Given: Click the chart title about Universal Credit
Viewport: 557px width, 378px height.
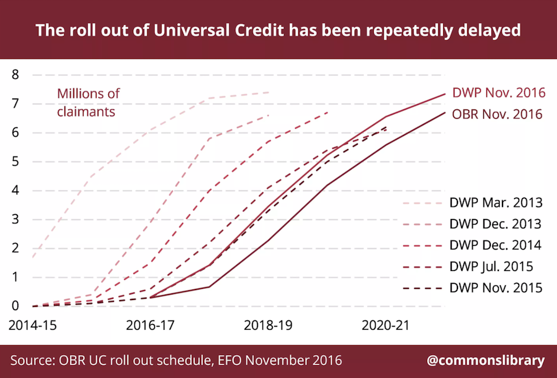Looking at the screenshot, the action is (278, 30).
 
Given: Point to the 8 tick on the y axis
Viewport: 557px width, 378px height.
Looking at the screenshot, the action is (15, 75).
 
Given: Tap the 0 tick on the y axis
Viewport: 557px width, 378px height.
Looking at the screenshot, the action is (15, 306).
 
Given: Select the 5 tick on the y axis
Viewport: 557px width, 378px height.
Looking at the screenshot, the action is (15, 161).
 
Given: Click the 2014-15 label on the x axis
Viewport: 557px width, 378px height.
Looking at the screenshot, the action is (33, 325).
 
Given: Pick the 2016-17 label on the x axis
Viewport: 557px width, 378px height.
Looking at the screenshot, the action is (150, 325).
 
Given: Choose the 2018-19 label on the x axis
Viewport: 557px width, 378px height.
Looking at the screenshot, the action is (268, 325).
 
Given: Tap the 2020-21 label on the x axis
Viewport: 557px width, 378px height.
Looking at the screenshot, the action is (386, 325).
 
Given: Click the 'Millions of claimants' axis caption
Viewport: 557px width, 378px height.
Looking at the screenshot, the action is (88, 103).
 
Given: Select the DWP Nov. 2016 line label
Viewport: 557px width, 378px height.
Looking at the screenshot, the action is (499, 93).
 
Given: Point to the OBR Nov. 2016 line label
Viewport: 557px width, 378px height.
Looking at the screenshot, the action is (498, 114).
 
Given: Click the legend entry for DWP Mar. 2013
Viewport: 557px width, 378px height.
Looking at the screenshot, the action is (472, 203).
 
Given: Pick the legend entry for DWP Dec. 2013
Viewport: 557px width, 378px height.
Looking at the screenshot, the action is (472, 224).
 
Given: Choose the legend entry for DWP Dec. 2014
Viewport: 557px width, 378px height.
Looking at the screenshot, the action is (472, 245).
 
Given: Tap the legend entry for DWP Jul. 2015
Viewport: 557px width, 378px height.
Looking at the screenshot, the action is (468, 267).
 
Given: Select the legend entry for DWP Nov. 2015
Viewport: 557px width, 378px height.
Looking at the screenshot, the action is (472, 288).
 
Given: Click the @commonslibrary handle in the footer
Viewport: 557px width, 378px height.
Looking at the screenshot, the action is (486, 361).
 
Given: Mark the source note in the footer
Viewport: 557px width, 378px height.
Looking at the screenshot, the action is (176, 361).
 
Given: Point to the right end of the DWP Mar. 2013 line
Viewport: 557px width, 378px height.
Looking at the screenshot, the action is (269, 92).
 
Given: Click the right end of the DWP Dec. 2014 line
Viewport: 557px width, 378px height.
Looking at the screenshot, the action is (327, 112).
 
